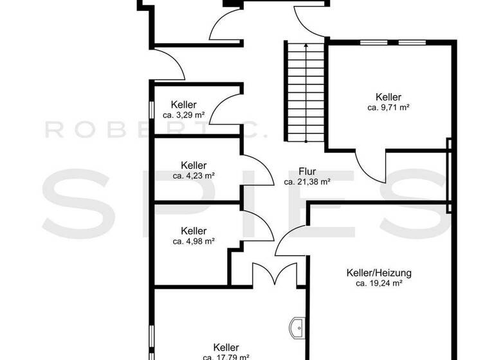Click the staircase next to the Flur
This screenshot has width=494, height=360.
306,93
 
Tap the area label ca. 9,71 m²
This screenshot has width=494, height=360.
389,108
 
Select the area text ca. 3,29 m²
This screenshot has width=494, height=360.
184,115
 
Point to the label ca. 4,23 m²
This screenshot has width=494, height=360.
194,175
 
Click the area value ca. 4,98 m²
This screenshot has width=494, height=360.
194,241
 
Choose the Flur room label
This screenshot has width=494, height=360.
307,172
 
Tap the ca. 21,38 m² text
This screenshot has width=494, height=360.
307,182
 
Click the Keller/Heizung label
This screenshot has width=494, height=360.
379,273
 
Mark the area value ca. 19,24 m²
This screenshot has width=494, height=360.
379,283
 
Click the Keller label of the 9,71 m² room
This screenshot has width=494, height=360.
389,97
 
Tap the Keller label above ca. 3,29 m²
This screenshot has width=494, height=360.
184,105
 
